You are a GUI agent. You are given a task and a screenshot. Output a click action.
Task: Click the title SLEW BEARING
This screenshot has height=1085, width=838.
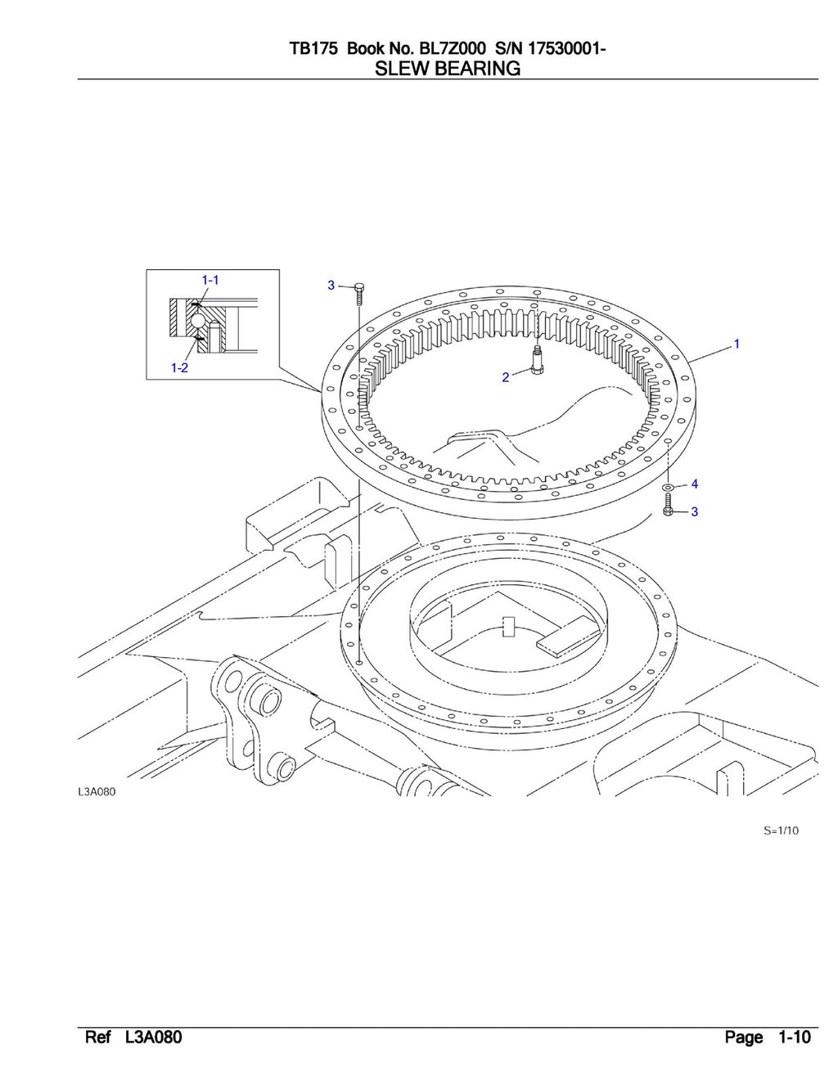click(447, 69)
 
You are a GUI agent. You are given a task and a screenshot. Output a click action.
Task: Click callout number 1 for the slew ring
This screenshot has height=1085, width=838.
click(737, 344)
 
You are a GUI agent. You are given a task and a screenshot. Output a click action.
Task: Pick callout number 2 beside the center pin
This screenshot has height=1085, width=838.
click(506, 377)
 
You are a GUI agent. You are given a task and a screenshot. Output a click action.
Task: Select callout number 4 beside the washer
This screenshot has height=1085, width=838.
click(695, 484)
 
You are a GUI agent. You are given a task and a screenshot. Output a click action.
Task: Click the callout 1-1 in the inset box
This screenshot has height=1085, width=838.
click(210, 280)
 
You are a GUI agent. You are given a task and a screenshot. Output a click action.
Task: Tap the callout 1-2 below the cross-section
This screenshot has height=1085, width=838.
click(179, 368)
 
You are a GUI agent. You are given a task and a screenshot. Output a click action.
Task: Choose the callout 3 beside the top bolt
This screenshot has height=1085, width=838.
click(331, 286)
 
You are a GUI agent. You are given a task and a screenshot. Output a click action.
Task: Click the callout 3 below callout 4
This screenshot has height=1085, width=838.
click(695, 512)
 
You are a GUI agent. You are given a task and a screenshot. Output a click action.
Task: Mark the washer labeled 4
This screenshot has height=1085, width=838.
click(669, 488)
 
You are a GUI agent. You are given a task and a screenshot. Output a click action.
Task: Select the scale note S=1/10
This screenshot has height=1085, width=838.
click(781, 831)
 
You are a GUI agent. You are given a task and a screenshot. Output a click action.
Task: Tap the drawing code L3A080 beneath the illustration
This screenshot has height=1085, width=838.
click(97, 792)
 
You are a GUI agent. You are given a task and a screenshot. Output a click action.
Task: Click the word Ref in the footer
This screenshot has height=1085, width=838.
click(97, 1038)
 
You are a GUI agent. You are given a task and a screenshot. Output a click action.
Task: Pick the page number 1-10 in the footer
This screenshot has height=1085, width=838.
click(794, 1038)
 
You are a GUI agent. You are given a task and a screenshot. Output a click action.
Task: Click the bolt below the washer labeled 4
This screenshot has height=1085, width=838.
click(668, 507)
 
